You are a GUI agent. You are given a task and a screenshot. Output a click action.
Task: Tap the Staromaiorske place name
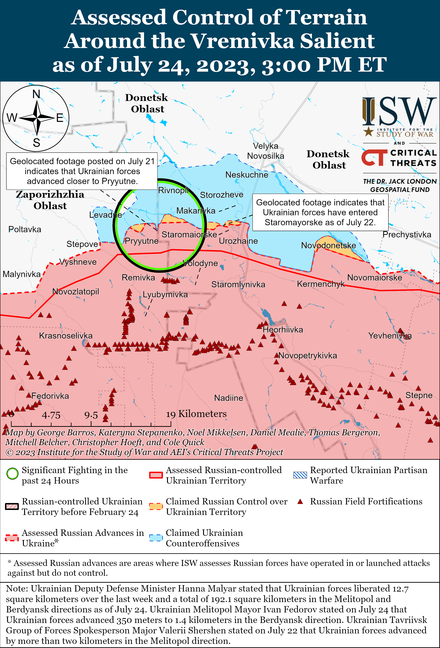click(x=189, y=234)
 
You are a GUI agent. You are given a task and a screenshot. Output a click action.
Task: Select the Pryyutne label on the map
click(x=141, y=241)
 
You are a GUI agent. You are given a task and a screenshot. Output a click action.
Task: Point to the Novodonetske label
click(x=329, y=245)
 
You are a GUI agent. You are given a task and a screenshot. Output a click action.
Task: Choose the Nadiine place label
click(x=228, y=398)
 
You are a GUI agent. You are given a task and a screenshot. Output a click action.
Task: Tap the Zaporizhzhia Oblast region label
click(x=50, y=200)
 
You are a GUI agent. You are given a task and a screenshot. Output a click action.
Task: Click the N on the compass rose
click(x=36, y=94)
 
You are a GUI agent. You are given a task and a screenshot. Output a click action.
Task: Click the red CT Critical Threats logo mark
click(x=374, y=158)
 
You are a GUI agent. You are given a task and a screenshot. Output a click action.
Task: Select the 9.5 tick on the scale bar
click(x=91, y=415)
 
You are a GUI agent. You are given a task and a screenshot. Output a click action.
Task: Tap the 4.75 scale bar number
click(x=51, y=415)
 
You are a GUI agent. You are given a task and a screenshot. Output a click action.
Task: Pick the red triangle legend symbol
click(x=300, y=502)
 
